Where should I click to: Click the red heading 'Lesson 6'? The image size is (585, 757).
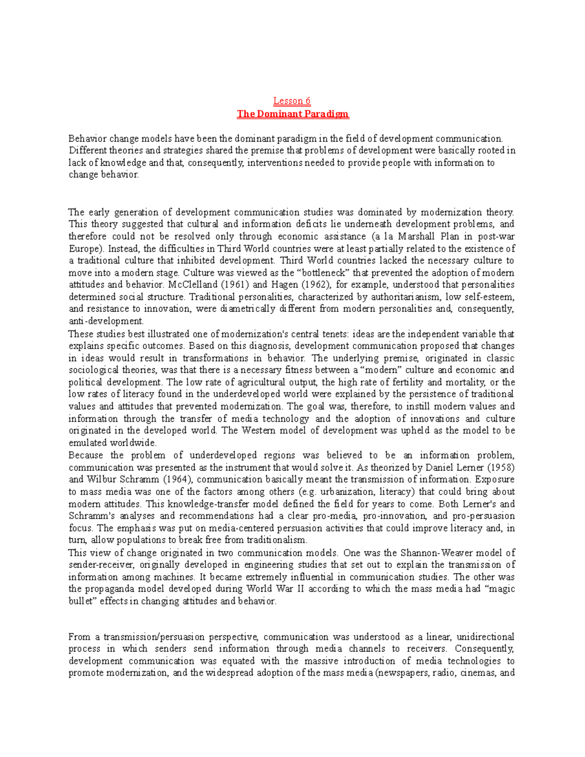click(292, 101)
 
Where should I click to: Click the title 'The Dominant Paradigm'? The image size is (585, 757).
click(292, 114)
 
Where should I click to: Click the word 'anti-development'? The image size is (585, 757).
click(106, 321)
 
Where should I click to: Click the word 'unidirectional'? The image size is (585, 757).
click(485, 637)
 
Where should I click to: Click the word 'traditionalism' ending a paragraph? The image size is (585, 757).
click(277, 540)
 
